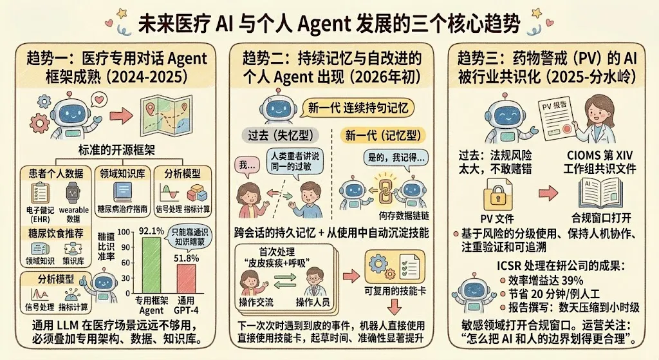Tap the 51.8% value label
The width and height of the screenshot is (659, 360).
pyautogui.click(x=185, y=258)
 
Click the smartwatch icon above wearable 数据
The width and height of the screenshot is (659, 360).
pyautogui.click(x=72, y=192)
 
